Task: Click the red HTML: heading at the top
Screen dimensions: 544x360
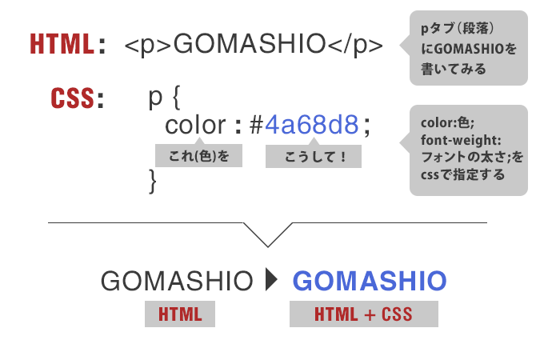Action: click(x=68, y=44)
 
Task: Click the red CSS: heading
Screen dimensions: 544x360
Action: click(x=78, y=98)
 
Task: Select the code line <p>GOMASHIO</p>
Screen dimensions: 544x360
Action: click(x=254, y=45)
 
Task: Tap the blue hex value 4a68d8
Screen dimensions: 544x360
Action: click(x=311, y=125)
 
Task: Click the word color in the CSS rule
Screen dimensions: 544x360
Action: click(x=195, y=125)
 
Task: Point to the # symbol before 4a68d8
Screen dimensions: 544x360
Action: click(x=256, y=125)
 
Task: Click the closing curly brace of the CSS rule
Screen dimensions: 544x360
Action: click(x=152, y=181)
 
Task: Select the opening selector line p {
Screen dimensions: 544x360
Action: click(x=165, y=98)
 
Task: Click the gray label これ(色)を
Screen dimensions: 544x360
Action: click(x=198, y=155)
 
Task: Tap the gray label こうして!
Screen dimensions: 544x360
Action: click(x=314, y=156)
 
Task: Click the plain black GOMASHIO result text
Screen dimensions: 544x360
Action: click(x=177, y=281)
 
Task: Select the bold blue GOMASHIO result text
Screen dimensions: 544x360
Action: click(x=370, y=281)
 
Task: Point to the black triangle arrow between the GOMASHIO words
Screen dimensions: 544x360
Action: click(x=272, y=279)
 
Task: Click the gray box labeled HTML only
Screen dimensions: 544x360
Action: click(x=180, y=314)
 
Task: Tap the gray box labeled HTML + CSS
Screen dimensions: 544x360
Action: click(x=364, y=314)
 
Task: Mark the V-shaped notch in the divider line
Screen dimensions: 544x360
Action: click(x=268, y=246)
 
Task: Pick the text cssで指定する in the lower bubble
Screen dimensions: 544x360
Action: click(x=463, y=174)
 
